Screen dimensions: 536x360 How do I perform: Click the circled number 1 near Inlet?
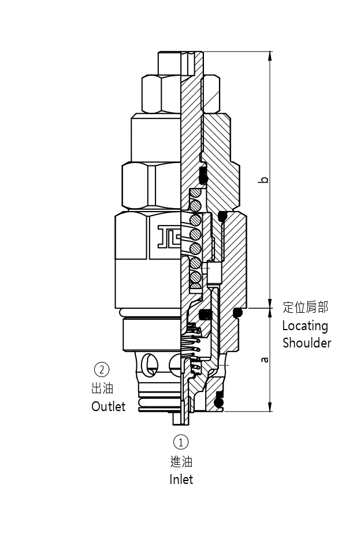181,442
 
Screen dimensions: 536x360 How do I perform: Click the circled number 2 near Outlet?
102,369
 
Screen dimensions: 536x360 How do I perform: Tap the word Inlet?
181,479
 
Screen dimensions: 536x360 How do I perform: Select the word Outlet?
108,406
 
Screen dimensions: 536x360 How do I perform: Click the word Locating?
305,326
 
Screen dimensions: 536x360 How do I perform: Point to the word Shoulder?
306,343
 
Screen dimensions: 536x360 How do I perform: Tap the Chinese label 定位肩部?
305,307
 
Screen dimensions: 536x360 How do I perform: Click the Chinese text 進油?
181,461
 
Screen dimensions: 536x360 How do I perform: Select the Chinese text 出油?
102,388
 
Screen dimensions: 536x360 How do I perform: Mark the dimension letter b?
264,179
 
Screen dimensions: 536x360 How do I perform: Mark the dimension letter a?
264,359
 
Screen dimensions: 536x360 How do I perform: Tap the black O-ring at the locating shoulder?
237,313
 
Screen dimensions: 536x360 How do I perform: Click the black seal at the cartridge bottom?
218,401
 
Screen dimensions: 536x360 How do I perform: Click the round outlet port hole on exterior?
150,363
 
